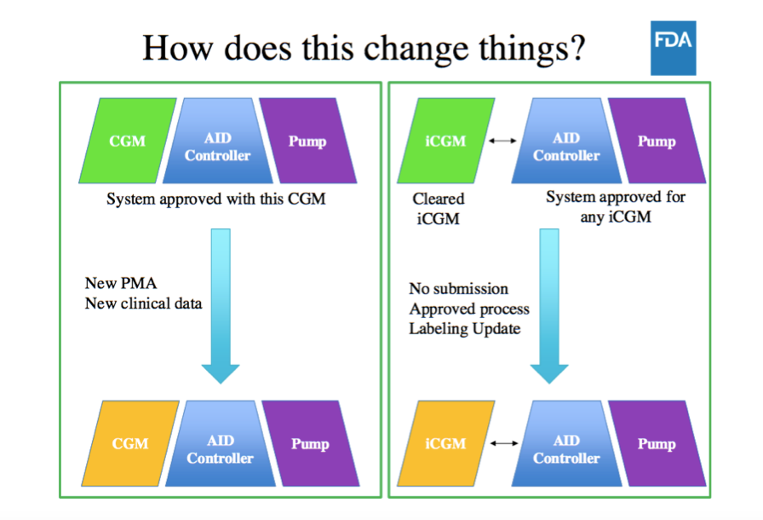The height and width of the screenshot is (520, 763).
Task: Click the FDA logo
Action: point(673,48)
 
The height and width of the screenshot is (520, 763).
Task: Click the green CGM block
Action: point(128,141)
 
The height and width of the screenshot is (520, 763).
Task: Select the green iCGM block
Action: point(445,141)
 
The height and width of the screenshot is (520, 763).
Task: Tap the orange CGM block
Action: point(130,443)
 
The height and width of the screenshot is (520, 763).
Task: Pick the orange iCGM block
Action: point(445,443)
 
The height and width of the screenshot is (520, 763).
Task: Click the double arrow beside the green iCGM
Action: point(502,141)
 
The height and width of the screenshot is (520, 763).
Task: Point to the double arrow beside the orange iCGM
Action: point(504,443)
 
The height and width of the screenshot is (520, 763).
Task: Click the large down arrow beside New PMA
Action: point(221,306)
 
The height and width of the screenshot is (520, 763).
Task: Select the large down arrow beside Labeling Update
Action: point(549,306)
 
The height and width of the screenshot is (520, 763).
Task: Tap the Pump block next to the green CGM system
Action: point(307,141)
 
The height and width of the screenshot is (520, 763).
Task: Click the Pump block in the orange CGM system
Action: point(311,443)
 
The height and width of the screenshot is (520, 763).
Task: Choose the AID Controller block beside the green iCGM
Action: point(566,141)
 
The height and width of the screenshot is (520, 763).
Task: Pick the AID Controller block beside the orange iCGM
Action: point(566,443)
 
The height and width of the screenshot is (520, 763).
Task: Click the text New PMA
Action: point(121,283)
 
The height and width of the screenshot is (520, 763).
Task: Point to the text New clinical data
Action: point(143,303)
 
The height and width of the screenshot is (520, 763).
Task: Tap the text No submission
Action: point(458,289)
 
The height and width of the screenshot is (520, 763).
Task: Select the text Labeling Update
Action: point(465,329)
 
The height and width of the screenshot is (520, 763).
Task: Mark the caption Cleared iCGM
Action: point(438,208)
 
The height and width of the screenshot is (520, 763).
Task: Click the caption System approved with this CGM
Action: point(216,199)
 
